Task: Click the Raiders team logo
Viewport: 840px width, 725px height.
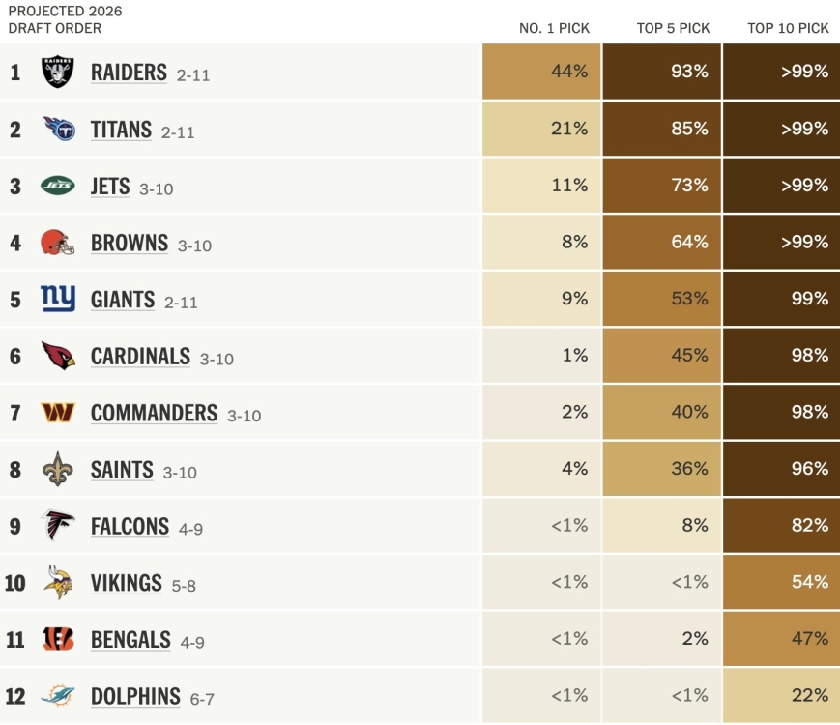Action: click(x=57, y=72)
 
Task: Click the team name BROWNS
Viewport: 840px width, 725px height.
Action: click(x=130, y=243)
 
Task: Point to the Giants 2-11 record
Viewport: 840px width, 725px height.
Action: click(x=181, y=302)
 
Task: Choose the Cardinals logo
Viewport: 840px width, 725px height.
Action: click(x=57, y=356)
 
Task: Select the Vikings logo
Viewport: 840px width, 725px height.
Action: click(x=57, y=583)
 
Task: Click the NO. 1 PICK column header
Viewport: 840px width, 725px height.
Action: click(x=554, y=28)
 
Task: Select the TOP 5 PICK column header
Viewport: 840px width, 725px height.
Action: click(x=673, y=28)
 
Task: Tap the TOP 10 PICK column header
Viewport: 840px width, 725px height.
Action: click(x=788, y=28)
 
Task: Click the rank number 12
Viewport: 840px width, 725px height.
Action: click(x=14, y=696)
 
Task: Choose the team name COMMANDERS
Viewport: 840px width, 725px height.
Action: click(x=154, y=413)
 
